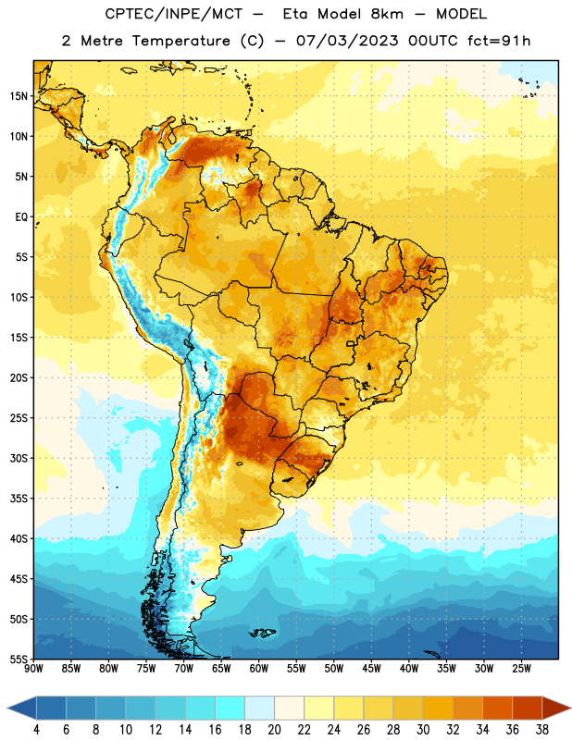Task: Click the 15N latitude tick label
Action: click(19, 96)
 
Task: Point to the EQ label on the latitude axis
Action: click(21, 217)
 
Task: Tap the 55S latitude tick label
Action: click(19, 659)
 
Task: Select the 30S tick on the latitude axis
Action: click(19, 458)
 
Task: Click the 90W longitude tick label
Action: click(33, 669)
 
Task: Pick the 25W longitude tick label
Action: click(521, 669)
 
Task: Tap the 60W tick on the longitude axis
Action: click(259, 669)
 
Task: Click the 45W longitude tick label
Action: click(371, 669)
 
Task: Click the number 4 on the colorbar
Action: click(36, 730)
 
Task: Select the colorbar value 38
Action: click(542, 730)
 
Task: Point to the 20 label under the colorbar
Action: click(274, 730)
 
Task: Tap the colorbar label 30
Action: click(423, 730)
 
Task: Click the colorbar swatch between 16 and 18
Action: click(230, 708)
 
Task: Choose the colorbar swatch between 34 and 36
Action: click(498, 708)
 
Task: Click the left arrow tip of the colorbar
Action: click(7, 708)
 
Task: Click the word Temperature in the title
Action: click(180, 41)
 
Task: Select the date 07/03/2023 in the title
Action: click(347, 41)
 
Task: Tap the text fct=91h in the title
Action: click(499, 41)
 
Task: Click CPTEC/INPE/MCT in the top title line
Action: click(173, 14)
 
